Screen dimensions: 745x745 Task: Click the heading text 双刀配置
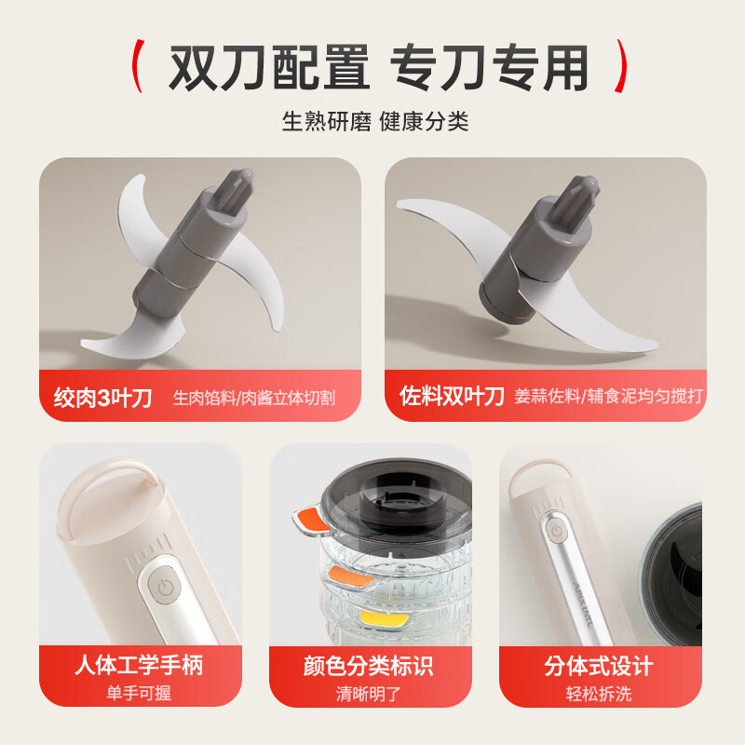[x=269, y=67]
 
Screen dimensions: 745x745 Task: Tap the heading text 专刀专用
[x=489, y=67]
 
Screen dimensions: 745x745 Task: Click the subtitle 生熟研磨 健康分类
[x=375, y=122]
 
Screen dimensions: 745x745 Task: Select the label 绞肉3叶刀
[x=102, y=398]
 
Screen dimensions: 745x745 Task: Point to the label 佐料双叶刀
[x=452, y=395]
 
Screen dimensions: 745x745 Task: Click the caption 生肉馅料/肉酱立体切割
[x=253, y=398]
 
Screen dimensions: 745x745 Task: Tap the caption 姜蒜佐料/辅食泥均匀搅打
[x=609, y=396]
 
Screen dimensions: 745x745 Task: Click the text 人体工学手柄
[x=139, y=665]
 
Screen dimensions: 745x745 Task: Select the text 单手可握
[x=139, y=693]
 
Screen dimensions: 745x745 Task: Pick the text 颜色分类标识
[x=368, y=666]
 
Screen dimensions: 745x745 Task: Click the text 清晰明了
[x=368, y=694]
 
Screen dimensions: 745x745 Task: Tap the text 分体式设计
[x=599, y=666]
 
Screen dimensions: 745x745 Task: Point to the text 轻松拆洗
[x=599, y=694]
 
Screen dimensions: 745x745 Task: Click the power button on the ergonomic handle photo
[x=165, y=587]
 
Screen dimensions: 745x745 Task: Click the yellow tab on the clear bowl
[x=384, y=618]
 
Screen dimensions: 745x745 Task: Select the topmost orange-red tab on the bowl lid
[x=312, y=519]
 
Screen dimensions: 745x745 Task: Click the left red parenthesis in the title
[x=138, y=65]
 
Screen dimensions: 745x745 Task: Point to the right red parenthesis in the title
[x=620, y=65]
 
